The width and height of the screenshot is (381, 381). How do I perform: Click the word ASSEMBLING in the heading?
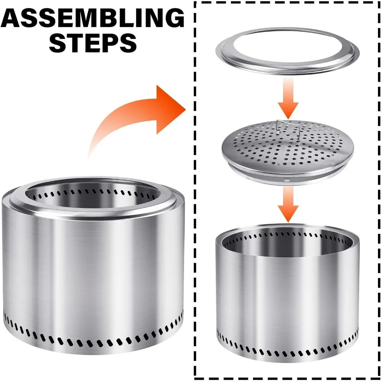click(93, 18)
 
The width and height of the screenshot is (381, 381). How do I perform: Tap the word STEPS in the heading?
click(93, 43)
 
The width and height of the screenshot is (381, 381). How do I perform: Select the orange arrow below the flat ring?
click(288, 98)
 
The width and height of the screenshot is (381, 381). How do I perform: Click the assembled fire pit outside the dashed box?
click(93, 265)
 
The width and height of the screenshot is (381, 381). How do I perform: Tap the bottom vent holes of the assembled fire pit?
click(93, 340)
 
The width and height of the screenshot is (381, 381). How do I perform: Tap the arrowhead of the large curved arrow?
click(170, 109)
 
